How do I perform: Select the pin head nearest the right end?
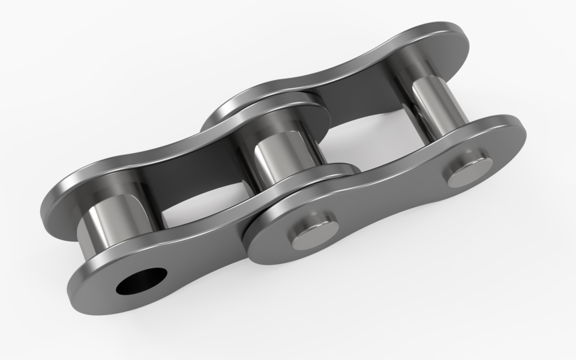click(467, 172)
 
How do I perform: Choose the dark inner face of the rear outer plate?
click(360, 96)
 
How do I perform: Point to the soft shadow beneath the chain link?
click(360, 288)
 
